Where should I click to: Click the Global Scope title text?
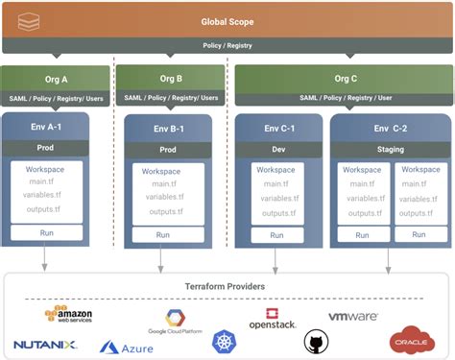pos(227,21)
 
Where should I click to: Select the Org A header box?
pos(55,80)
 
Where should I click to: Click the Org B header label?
pos(171,80)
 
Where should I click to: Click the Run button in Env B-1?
pos(164,234)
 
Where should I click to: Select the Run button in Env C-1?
pos(275,234)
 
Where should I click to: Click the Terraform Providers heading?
pos(227,287)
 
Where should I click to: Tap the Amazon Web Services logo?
pos(68,314)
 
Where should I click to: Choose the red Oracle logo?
pos(411,339)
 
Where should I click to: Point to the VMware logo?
pos(353,316)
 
